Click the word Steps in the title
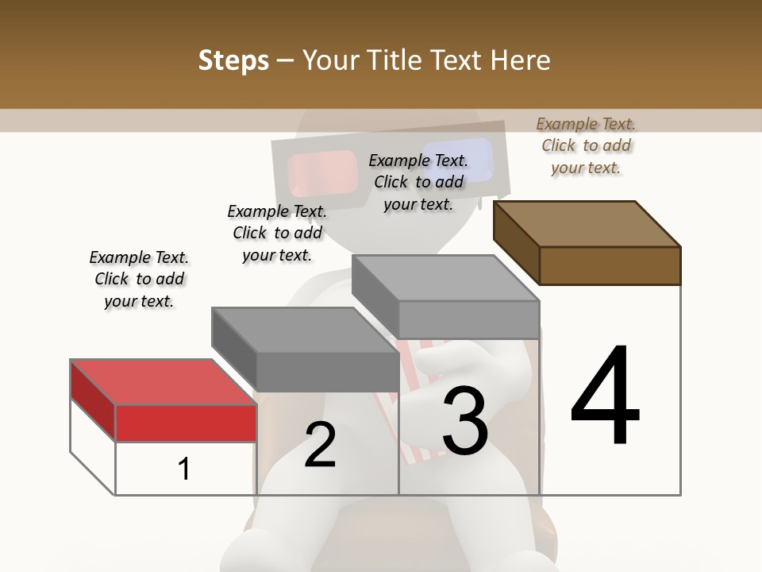coord(233,60)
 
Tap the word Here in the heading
coord(518,60)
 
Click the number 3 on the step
coord(465,421)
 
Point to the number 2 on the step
coord(320,446)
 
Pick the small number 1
coord(184,469)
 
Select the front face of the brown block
coord(610,265)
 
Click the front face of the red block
coord(186,423)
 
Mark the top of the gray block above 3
coord(445,278)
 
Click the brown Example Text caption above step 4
coord(586,145)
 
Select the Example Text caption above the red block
coord(139,279)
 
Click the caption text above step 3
coord(418,182)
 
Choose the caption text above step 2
coord(277,233)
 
